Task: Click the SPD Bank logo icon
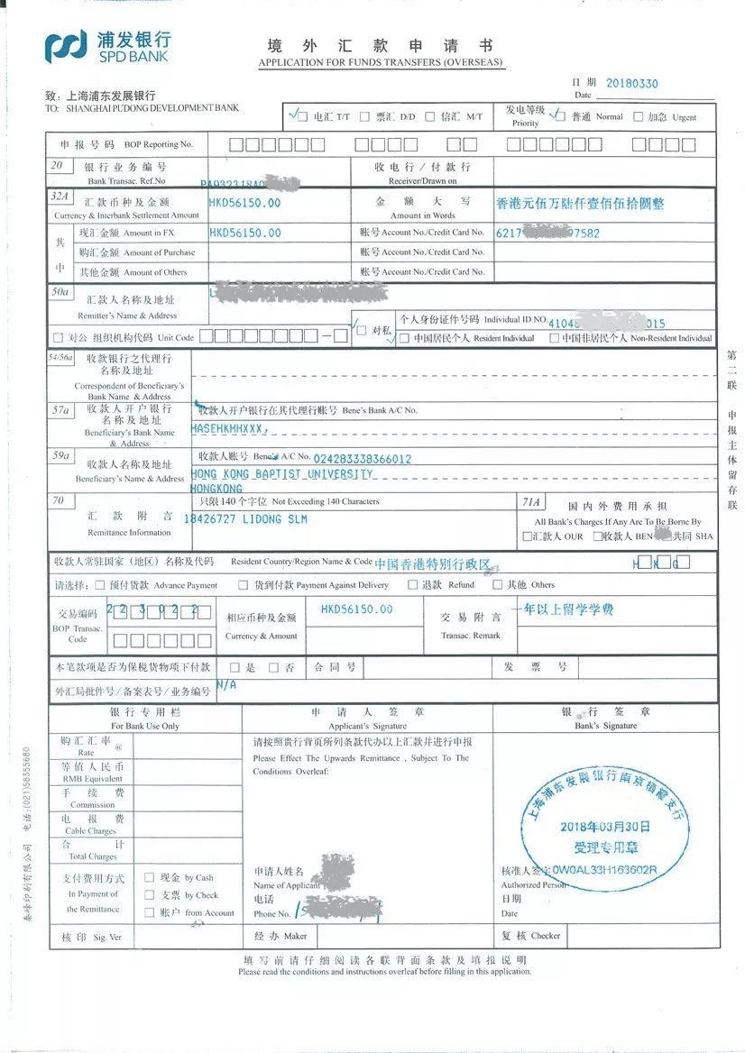point(67,46)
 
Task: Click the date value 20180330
point(631,84)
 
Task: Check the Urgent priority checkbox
point(639,117)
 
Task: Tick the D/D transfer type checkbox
point(367,117)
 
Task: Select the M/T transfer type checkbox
point(430,117)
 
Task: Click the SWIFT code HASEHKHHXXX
point(230,429)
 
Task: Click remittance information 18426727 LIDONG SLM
point(245,519)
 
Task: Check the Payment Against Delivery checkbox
point(243,585)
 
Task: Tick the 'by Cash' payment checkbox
point(150,877)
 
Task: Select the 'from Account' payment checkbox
point(150,912)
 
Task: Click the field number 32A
point(60,196)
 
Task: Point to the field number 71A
point(532,501)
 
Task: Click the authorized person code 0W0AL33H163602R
point(605,871)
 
